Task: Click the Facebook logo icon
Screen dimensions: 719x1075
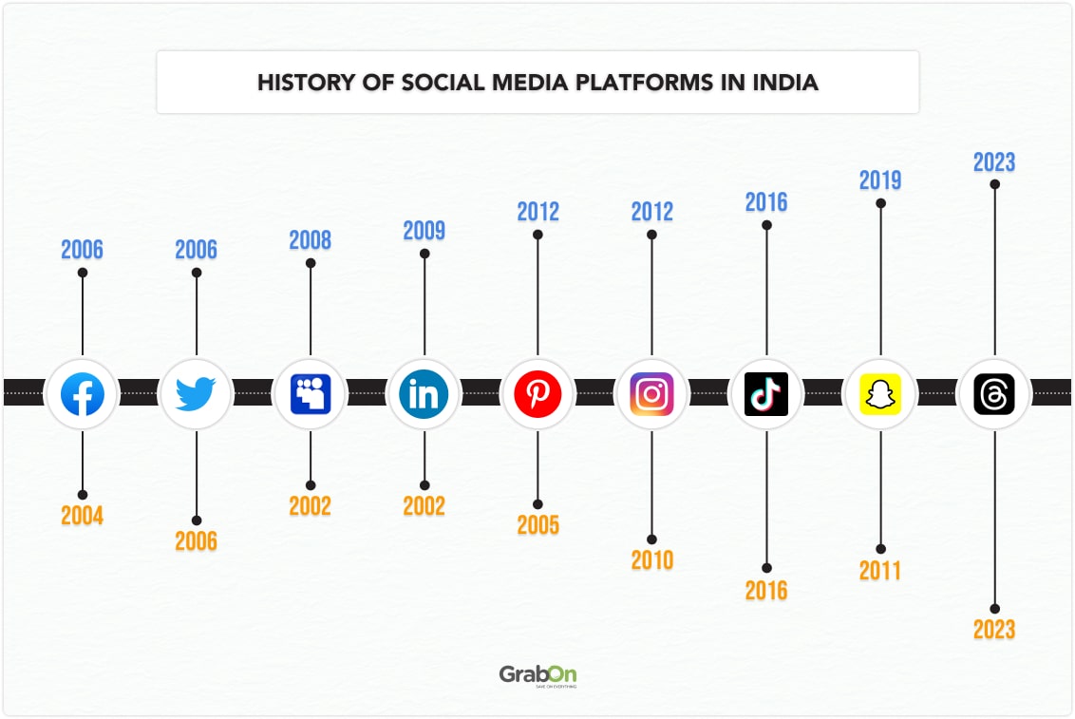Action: tap(83, 393)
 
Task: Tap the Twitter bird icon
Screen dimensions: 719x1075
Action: tap(197, 393)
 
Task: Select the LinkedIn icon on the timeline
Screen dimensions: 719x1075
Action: tap(424, 393)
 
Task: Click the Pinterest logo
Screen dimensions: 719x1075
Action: tap(537, 393)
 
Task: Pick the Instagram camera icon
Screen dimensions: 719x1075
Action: tap(651, 393)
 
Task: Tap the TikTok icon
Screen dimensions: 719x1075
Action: tap(765, 393)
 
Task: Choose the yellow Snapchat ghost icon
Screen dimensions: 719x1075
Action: tap(880, 393)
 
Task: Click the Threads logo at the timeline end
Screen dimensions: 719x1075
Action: tap(994, 393)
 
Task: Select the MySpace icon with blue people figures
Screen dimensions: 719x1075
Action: tap(311, 393)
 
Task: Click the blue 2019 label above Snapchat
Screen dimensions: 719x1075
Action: tap(880, 180)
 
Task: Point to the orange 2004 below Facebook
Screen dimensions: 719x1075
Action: tap(83, 517)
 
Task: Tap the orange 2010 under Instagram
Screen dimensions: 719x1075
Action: tap(651, 560)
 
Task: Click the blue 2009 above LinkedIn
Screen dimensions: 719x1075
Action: tap(424, 231)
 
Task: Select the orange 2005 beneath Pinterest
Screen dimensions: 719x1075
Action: tap(537, 525)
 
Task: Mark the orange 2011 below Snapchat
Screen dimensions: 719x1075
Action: tap(880, 571)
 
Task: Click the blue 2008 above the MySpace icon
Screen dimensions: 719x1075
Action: tap(311, 240)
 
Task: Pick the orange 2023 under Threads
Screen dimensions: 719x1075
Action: tap(994, 630)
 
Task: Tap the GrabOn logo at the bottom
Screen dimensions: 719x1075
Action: tap(537, 675)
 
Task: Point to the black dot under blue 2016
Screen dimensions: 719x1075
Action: tap(766, 225)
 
